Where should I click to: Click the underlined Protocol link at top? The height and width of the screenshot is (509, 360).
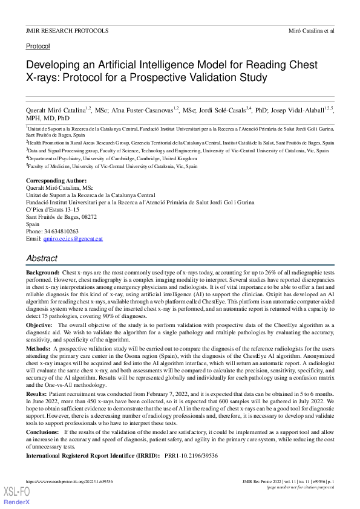pos(38,46)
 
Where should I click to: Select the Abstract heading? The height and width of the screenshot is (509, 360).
pos(42,258)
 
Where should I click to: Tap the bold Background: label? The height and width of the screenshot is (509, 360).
pos(42,274)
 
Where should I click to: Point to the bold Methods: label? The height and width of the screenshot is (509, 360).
pos(38,349)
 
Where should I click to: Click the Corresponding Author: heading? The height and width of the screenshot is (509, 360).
pos(56,181)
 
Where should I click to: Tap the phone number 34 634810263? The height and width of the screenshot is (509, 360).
pos(61,232)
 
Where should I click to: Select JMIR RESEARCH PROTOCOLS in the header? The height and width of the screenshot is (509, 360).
pos(67,30)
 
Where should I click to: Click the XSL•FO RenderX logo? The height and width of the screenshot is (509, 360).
pos(17,495)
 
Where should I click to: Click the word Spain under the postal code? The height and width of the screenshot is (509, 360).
pos(33,224)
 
